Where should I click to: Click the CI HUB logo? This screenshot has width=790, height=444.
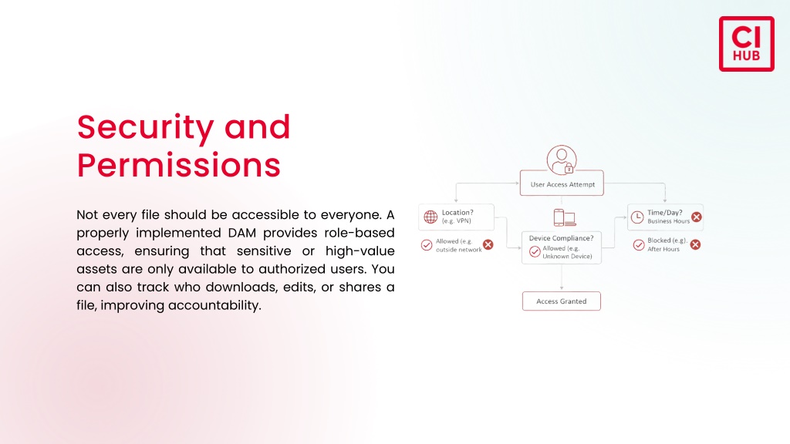click(746, 44)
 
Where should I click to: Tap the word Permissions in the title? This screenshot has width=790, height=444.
click(178, 165)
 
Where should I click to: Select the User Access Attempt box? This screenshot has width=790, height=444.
click(562, 183)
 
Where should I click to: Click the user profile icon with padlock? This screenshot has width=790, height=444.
click(562, 160)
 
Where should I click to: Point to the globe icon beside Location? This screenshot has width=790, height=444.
click(430, 217)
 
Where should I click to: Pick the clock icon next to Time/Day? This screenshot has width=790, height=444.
click(637, 217)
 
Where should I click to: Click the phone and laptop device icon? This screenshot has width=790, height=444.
click(565, 217)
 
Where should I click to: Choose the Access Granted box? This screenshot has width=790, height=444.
click(562, 301)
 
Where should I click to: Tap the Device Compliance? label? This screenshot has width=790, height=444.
click(562, 238)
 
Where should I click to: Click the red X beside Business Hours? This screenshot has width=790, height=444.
click(697, 217)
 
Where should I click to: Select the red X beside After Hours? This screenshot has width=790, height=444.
click(695, 244)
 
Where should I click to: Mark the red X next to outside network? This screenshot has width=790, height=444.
click(488, 244)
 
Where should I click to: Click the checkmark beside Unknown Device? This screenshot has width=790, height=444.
click(535, 251)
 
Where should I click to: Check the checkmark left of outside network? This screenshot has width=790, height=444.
click(427, 245)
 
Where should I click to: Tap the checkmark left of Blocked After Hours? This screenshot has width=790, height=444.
click(639, 245)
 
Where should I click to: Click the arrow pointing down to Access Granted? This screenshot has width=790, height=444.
click(562, 277)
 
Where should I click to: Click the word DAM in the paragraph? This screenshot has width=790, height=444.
click(241, 233)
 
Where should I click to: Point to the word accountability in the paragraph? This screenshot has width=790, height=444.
click(214, 305)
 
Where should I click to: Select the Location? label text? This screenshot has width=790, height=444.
click(457, 213)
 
